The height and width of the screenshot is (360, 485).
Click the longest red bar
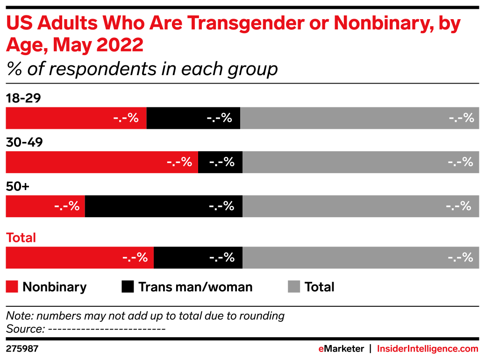(102, 162)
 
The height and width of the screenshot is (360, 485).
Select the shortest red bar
(45, 206)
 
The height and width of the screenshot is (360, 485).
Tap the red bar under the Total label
(79, 258)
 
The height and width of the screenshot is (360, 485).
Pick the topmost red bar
(76, 118)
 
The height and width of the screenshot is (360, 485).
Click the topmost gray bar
(360, 118)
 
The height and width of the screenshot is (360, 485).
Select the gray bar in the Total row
(361, 258)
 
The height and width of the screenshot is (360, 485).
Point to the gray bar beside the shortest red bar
(361, 206)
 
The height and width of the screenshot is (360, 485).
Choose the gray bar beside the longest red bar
(361, 162)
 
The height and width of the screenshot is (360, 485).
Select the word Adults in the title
(68, 23)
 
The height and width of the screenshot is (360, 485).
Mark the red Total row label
(21, 238)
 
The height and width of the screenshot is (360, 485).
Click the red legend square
(12, 287)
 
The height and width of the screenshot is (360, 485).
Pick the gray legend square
(294, 287)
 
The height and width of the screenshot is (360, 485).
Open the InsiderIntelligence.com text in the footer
(427, 349)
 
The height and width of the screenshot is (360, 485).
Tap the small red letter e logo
(321, 349)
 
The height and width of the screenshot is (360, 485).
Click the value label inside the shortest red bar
(67, 206)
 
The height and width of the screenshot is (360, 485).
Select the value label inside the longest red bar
(179, 162)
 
